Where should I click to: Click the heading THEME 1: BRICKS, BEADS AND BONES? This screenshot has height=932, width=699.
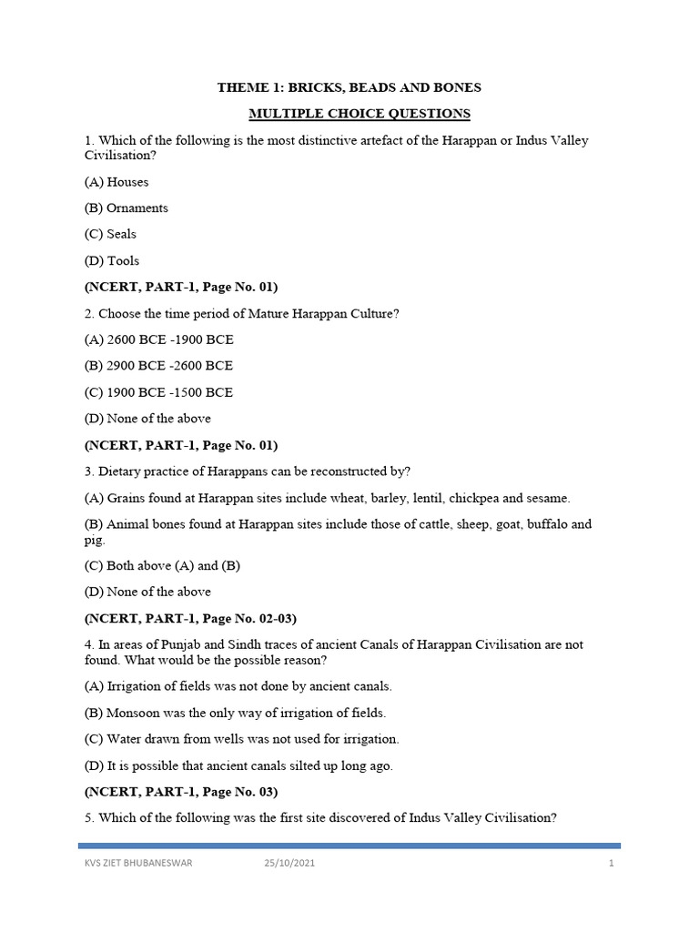click(349, 87)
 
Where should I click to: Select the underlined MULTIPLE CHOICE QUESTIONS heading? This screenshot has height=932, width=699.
click(349, 114)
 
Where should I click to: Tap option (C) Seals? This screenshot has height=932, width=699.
click(110, 234)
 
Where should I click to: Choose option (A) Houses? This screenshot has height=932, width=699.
click(116, 182)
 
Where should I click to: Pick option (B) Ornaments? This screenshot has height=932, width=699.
click(127, 208)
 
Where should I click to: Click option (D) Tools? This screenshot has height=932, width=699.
click(112, 260)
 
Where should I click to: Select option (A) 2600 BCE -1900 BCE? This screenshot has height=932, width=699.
click(158, 339)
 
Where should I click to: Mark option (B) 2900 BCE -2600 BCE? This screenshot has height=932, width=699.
click(158, 365)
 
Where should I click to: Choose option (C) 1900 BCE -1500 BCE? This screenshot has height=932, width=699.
click(158, 392)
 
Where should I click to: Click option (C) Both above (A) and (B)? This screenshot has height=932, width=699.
click(162, 565)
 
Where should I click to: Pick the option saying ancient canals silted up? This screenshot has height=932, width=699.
click(238, 765)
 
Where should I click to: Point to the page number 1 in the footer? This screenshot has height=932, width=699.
click(612, 864)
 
